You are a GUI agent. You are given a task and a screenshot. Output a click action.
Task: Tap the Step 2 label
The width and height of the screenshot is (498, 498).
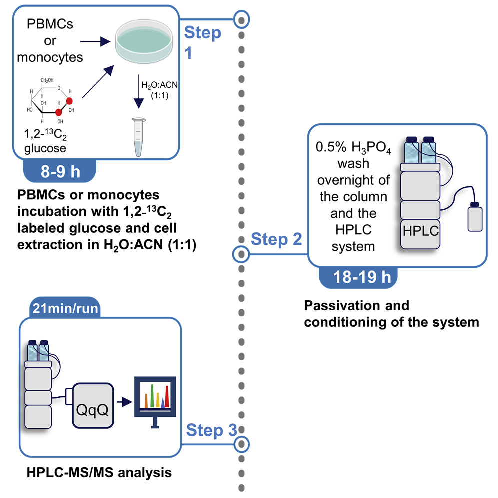tap(276, 239)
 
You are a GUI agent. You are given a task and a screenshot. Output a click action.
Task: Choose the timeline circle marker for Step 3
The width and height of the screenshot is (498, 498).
tap(242, 443)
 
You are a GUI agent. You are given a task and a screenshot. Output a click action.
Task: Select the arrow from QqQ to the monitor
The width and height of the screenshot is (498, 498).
tap(122, 401)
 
